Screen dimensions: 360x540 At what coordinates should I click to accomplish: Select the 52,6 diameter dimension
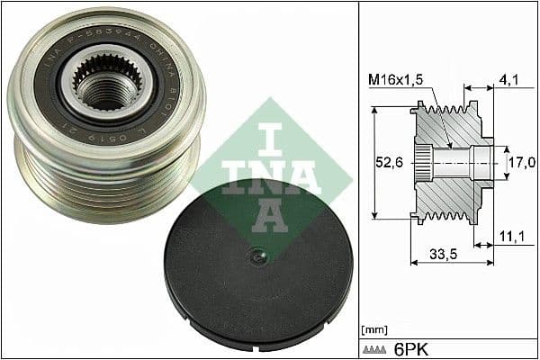pos(385,162)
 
